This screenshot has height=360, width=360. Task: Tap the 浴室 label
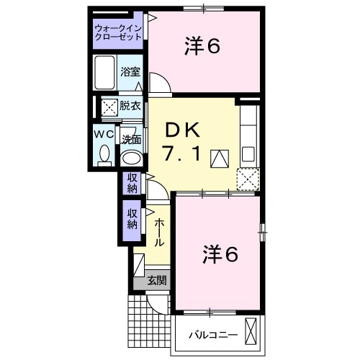coord(130,73)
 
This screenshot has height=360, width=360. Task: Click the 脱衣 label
coord(130,106)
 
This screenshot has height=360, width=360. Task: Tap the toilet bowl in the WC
coord(104,153)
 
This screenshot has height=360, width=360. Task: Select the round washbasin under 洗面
coord(130,157)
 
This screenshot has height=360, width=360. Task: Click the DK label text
coord(185,130)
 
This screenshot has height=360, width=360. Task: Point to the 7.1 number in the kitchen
coord(185,153)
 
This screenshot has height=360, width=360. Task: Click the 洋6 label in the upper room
coord(202,45)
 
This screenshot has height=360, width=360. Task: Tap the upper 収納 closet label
coord(132,183)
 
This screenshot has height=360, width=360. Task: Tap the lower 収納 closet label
coord(132,219)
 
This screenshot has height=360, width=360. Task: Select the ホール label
coord(158,232)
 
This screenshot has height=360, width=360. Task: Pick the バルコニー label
coord(210,335)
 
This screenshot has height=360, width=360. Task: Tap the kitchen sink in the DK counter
coord(248,153)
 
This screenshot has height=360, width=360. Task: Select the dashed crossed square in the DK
coord(247,177)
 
